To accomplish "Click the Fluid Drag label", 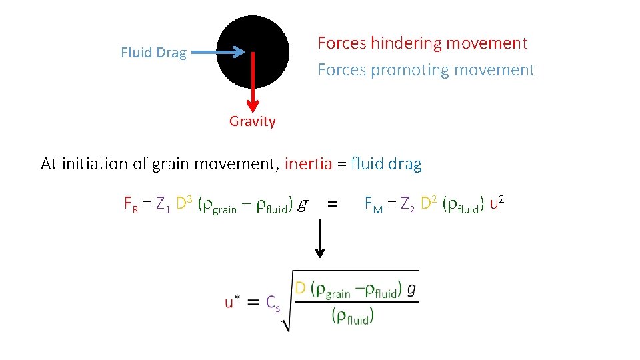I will pos(153,53).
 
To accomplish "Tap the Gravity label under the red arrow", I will pos(252,121).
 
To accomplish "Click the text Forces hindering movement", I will pos(422,43).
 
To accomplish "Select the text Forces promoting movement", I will pos(426,70).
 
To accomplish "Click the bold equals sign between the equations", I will pos(333,206).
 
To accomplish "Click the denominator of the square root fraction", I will pos(353,315).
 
